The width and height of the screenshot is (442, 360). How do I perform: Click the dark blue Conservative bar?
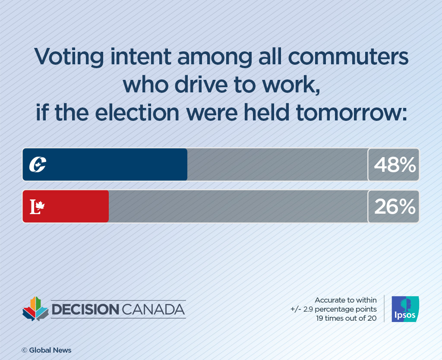[x=112, y=164]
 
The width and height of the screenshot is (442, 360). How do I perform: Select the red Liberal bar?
[x=73, y=206]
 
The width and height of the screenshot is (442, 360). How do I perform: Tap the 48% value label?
[x=394, y=164]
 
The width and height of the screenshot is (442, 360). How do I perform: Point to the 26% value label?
[x=394, y=206]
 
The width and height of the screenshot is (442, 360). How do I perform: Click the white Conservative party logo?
[x=38, y=164]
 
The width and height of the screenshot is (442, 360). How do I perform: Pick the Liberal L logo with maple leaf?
[x=37, y=207]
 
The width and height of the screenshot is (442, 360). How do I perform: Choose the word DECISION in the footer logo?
[x=85, y=309]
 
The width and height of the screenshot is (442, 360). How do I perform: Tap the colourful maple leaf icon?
[x=35, y=308]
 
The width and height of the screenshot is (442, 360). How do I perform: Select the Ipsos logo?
[x=405, y=309]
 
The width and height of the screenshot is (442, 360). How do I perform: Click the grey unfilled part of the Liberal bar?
[x=237, y=206]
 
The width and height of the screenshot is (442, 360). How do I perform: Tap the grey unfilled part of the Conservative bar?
[x=276, y=164]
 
